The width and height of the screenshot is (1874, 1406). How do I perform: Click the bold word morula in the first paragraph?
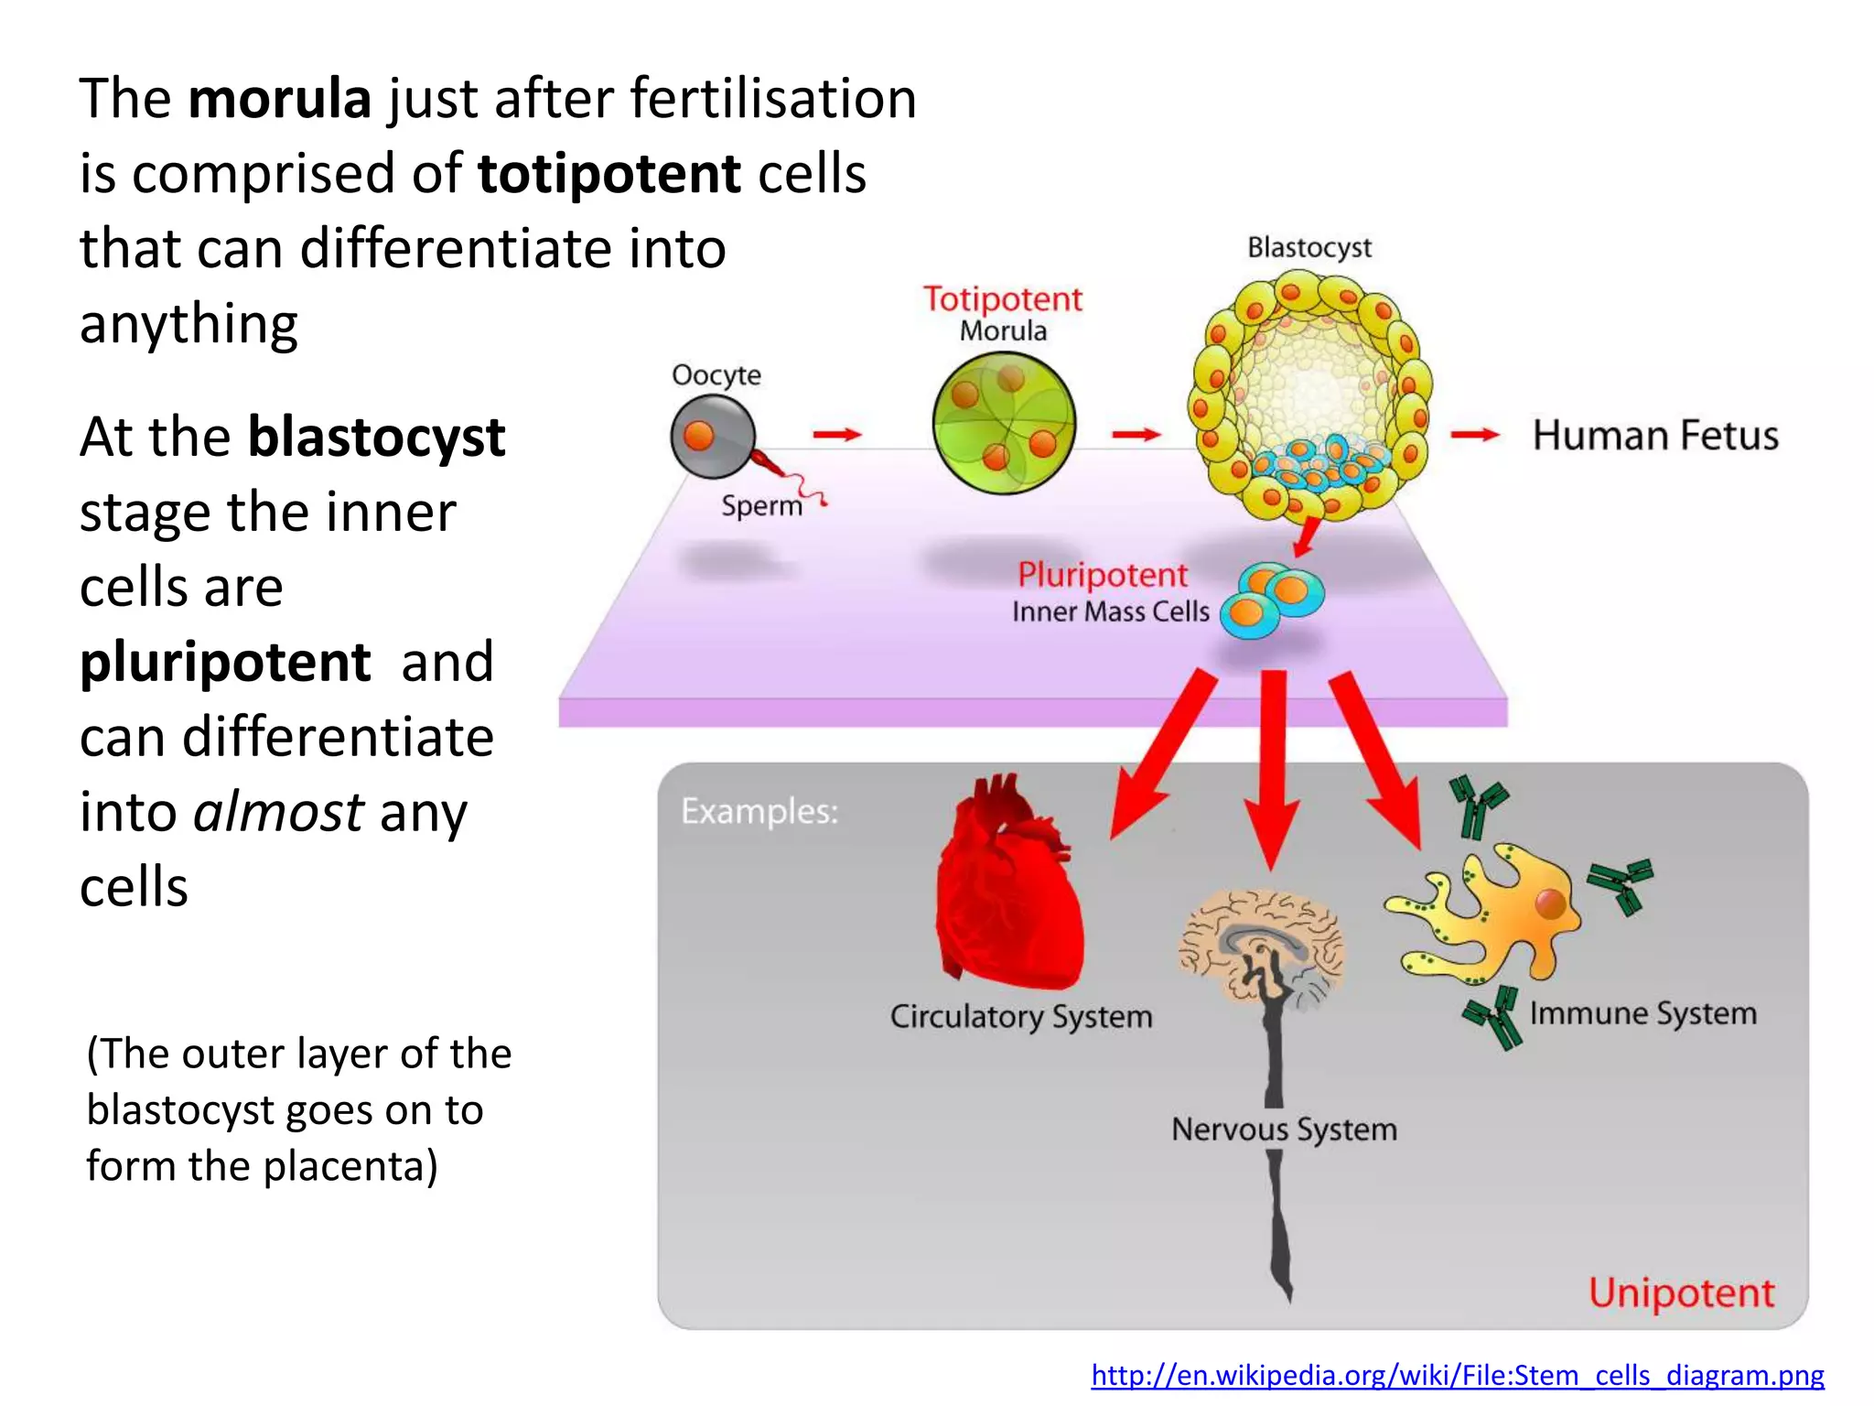point(279,99)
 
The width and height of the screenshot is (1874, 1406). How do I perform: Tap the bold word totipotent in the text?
point(609,174)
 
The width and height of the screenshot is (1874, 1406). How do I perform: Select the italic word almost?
point(278,812)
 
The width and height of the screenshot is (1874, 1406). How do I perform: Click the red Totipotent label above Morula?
point(1002,299)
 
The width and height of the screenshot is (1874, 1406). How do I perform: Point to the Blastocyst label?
point(1309,248)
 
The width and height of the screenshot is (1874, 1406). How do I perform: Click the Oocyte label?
point(716,375)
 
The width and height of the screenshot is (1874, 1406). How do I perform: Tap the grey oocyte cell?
point(713,437)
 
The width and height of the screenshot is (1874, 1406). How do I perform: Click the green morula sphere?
point(1004,424)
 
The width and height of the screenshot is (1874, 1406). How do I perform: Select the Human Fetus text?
point(1654,436)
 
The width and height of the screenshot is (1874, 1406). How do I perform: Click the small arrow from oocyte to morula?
point(836,434)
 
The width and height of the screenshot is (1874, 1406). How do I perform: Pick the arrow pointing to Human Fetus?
point(1473,435)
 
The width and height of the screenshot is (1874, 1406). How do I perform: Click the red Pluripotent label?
point(1102,575)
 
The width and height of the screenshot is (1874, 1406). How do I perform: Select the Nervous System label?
point(1284,1130)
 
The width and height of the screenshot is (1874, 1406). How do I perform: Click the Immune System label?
point(1642,1013)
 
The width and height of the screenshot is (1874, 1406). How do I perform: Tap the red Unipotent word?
point(1680,1293)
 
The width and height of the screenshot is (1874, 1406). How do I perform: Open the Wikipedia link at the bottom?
point(1457,1375)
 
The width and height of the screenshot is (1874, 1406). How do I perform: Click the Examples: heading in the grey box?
point(759,812)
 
